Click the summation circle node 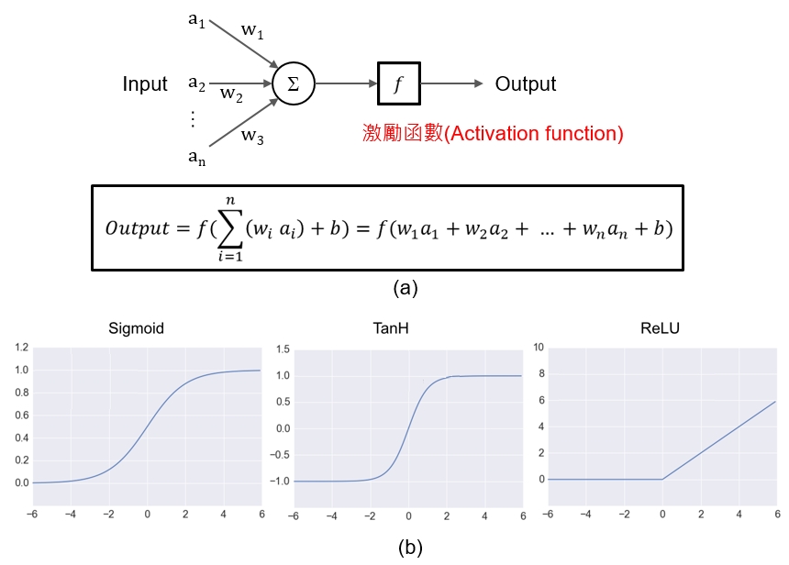click(x=294, y=84)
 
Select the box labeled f click(x=398, y=84)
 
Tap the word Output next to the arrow click(x=526, y=84)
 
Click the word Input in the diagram click(x=145, y=84)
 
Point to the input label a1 click(x=196, y=19)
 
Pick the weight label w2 click(x=231, y=94)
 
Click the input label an click(x=196, y=157)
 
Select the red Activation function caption click(x=494, y=134)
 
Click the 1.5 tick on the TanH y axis click(x=283, y=349)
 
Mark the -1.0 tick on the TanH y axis click(x=280, y=481)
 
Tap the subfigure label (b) click(x=410, y=548)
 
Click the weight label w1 click(x=252, y=31)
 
